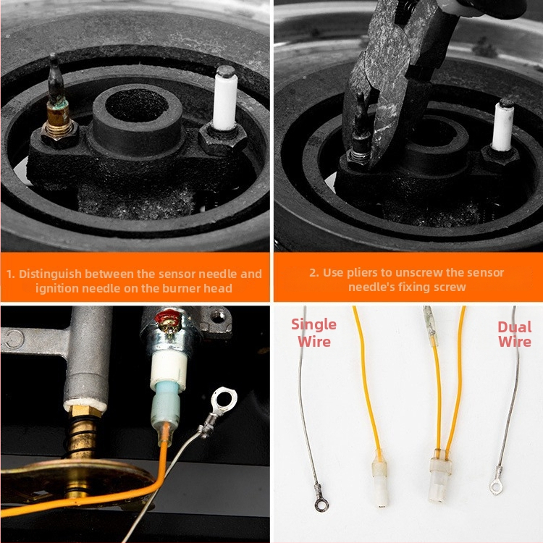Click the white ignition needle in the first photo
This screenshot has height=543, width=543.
point(225,98)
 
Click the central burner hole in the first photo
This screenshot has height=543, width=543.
point(137,105)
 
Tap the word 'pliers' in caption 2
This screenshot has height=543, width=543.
point(362,273)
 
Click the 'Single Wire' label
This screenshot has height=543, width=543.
point(313,333)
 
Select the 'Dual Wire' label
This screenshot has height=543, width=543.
point(514,334)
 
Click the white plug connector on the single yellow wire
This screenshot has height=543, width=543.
point(380,481)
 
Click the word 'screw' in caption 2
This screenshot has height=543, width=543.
point(450,287)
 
